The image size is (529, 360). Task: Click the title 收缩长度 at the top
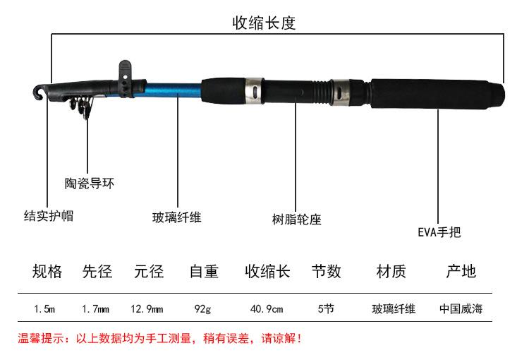tap(264, 23)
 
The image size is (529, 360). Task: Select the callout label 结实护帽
tap(48, 215)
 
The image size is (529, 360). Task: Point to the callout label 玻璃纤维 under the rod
tap(177, 217)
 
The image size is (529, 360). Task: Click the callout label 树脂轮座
tap(296, 220)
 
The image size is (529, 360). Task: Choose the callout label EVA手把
tap(439, 232)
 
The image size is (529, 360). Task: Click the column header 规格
tap(47, 271)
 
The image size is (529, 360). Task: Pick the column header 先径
tap(97, 271)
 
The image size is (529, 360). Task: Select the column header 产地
tap(461, 271)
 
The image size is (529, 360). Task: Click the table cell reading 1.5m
tap(44, 308)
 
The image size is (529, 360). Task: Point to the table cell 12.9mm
tap(147, 308)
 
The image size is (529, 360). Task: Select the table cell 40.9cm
tap(267, 308)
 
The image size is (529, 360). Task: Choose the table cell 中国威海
tap(461, 308)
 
